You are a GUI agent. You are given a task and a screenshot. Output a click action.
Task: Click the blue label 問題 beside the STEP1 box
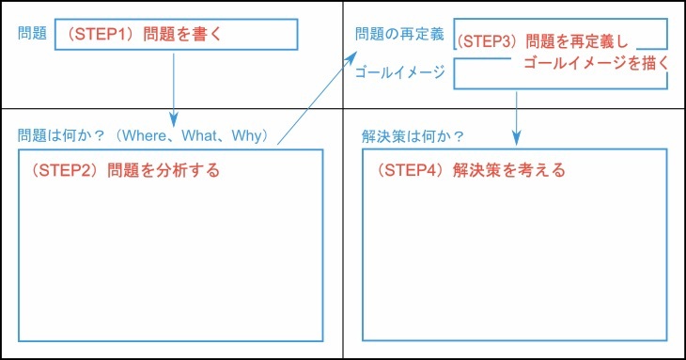coord(33,34)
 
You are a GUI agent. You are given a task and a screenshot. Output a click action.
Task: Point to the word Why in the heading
coord(249,136)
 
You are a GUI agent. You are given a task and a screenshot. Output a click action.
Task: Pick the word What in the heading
coord(200,136)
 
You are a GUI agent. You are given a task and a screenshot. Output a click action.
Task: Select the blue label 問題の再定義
coord(399,35)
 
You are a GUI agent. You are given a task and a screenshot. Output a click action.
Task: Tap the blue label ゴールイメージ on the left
coord(399,72)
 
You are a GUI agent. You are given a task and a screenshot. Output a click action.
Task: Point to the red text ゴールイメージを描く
coord(595,63)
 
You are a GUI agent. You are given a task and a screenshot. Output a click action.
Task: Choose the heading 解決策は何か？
coord(413,136)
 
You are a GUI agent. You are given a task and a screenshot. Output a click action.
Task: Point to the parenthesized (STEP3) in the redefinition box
coord(488,42)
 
